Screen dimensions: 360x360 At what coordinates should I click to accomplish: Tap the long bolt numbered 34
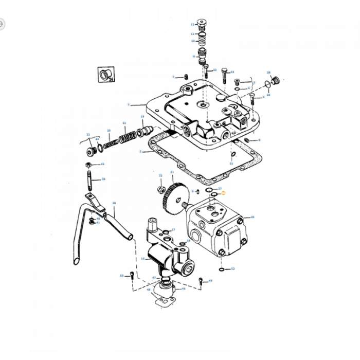click(224, 77)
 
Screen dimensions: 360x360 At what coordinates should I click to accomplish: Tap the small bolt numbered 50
click(132, 276)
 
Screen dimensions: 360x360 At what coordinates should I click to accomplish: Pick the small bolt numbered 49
click(200, 281)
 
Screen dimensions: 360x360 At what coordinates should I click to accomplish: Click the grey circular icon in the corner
click(2, 24)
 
